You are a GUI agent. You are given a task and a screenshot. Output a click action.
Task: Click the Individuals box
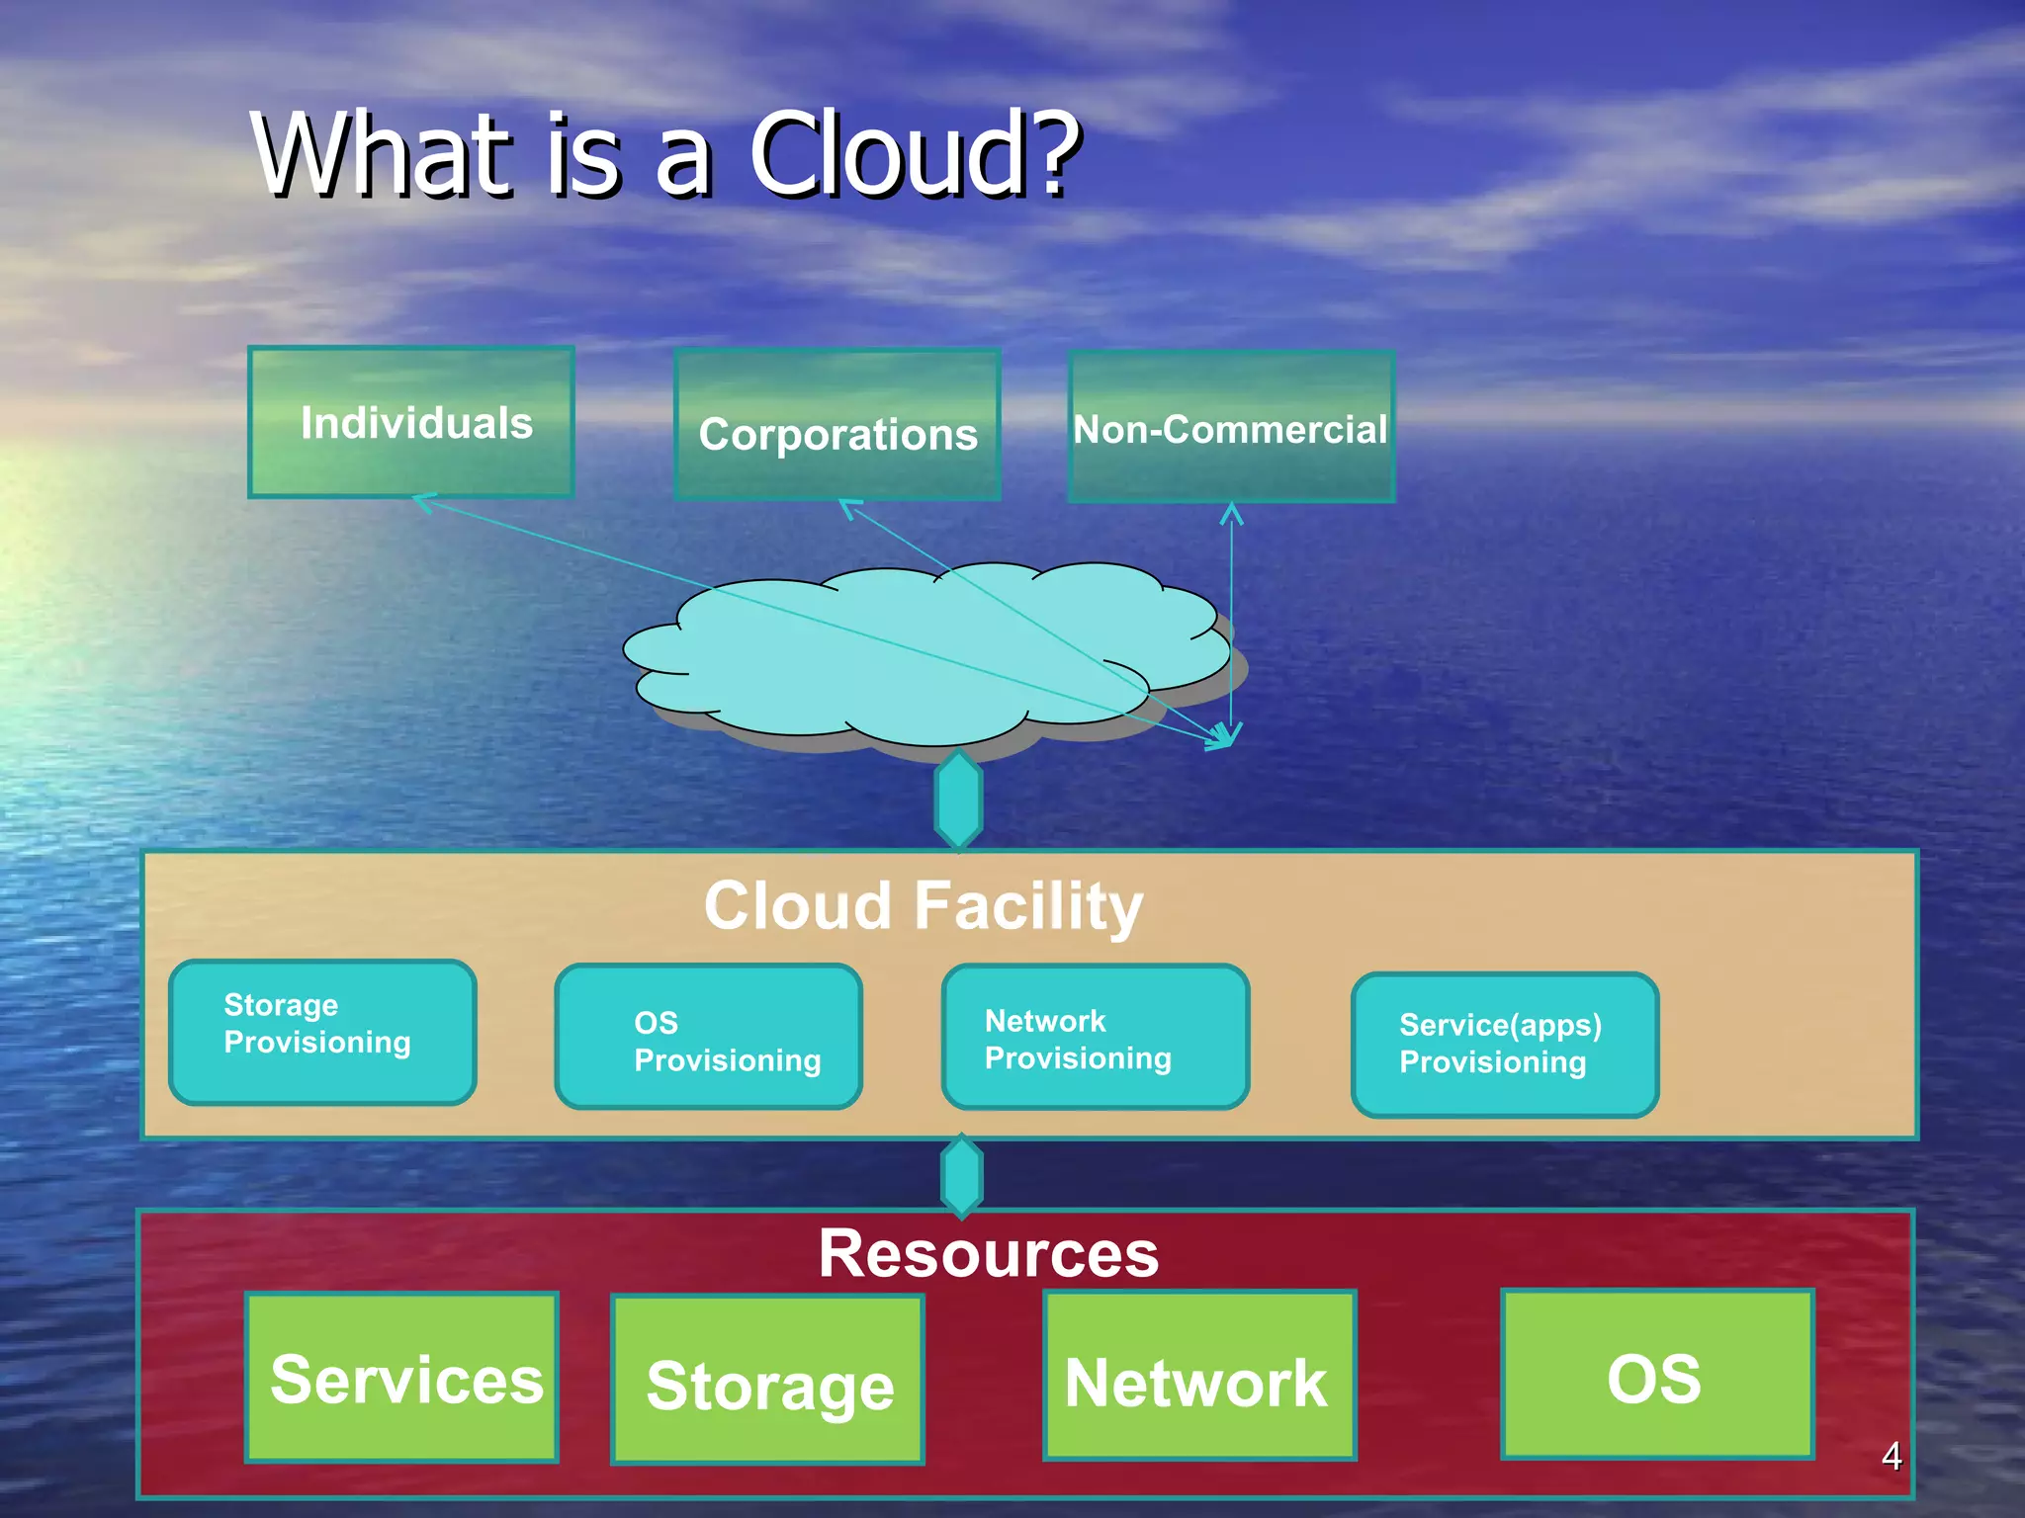coord(411,422)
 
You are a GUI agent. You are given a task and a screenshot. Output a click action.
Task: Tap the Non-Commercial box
coord(1231,427)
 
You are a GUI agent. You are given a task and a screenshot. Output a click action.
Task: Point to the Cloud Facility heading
coord(923,905)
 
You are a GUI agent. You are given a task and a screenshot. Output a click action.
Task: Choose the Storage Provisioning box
coord(322,1032)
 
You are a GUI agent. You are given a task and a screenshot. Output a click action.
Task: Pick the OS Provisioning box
coord(708,1037)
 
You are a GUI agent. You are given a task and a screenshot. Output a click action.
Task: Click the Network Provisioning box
coord(1096,1037)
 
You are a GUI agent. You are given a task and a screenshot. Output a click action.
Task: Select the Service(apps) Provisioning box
coord(1504,1045)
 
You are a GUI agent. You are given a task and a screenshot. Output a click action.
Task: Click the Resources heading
coord(988,1253)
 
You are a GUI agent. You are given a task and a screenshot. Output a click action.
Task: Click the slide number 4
coord(1891,1456)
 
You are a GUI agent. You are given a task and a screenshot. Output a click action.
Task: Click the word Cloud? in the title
coord(914,155)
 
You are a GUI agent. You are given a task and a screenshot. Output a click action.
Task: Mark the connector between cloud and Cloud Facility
coord(958,800)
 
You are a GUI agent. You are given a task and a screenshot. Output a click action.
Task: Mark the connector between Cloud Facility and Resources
coord(961,1176)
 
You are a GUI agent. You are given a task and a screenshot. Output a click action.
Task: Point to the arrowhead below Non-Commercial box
coord(1231,514)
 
